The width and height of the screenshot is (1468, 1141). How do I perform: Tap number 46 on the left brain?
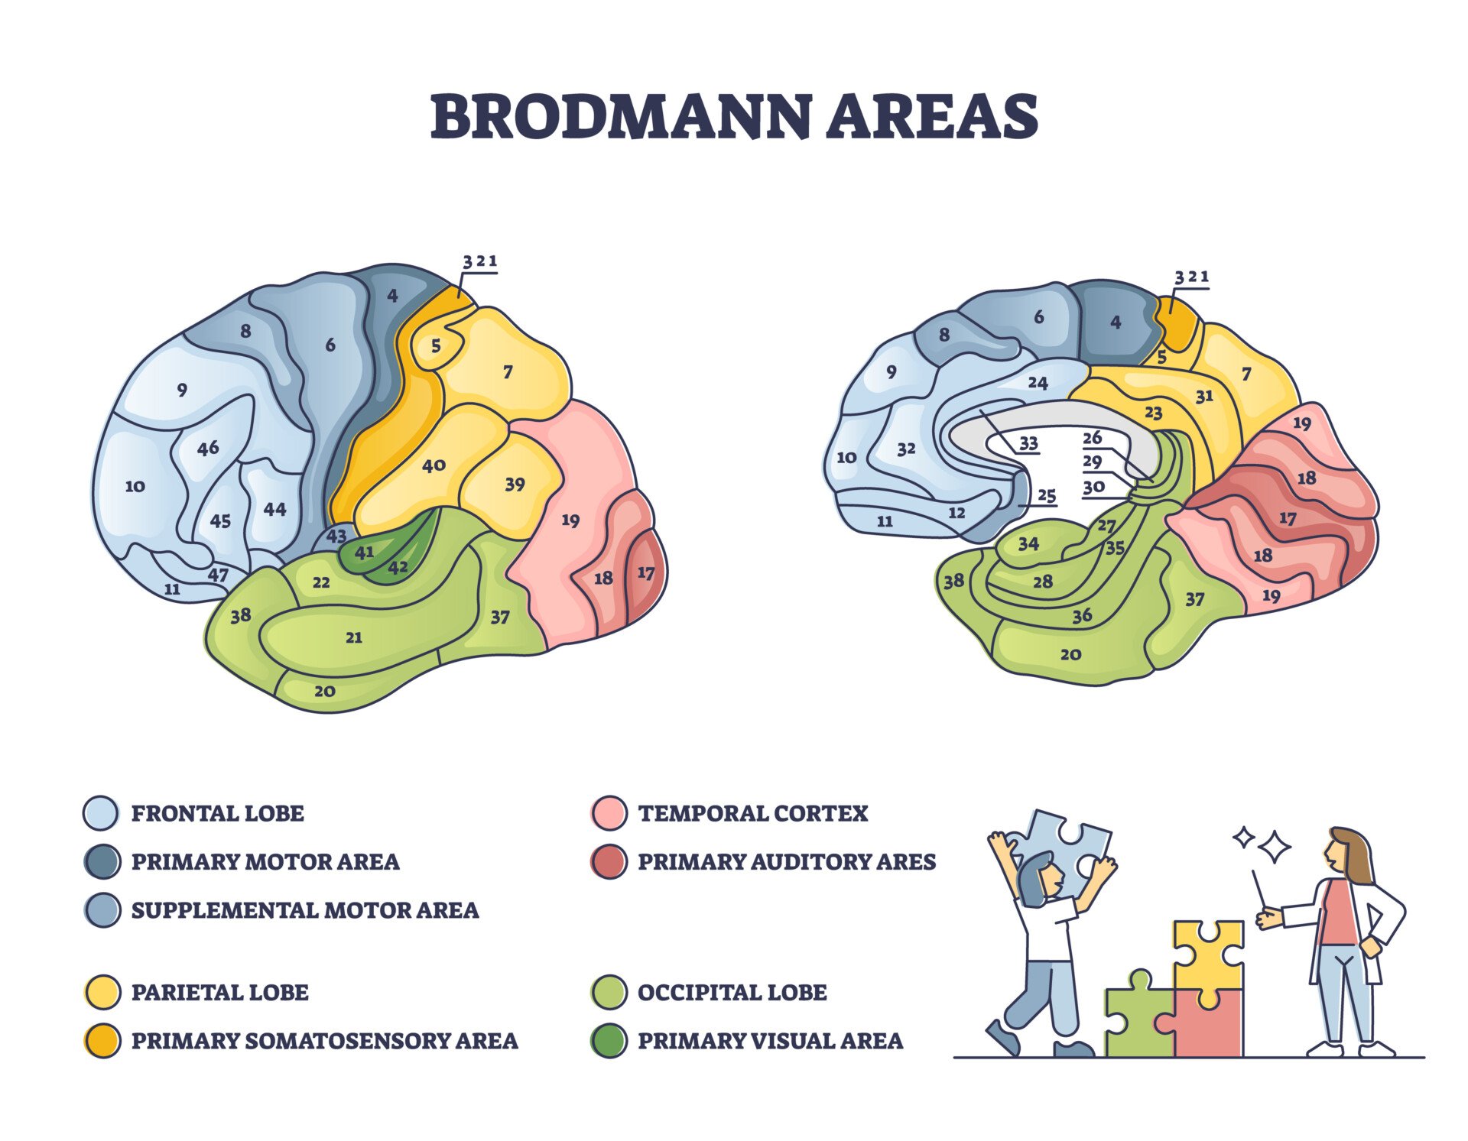208,448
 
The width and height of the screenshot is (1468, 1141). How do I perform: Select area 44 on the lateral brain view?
274,509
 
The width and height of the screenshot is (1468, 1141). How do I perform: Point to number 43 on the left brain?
336,536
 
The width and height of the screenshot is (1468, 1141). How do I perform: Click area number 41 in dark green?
364,552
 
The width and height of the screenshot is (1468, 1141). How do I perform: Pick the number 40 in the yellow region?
434,465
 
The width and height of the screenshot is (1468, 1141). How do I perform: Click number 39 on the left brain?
515,485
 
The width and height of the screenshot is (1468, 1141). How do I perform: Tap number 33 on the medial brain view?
1028,443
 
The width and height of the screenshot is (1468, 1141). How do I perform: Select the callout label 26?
1093,437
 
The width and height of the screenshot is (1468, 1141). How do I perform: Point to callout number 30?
1093,487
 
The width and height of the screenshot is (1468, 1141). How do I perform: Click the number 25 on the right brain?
1046,495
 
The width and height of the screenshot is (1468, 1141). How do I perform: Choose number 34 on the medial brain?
1028,543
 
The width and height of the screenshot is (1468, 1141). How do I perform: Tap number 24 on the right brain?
1038,382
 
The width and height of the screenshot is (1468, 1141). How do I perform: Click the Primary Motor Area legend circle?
102,862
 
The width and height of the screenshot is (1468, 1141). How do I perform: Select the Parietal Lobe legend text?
219,992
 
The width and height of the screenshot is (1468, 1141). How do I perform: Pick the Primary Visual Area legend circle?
609,1041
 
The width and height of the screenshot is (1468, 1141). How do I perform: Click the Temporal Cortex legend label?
752,813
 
